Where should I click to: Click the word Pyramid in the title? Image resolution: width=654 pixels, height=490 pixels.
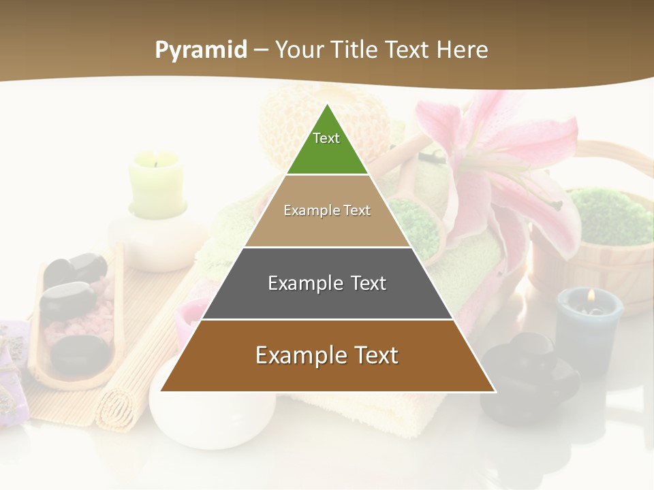pos(201,50)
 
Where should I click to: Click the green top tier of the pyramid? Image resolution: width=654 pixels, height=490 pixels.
pos(327,146)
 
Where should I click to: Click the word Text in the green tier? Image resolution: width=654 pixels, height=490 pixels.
pos(326,138)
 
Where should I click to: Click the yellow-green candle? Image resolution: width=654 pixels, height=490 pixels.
pos(157,184)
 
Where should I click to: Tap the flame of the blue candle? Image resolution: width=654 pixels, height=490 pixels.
pos(591,295)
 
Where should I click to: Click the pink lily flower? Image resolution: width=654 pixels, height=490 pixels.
pos(504,157)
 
